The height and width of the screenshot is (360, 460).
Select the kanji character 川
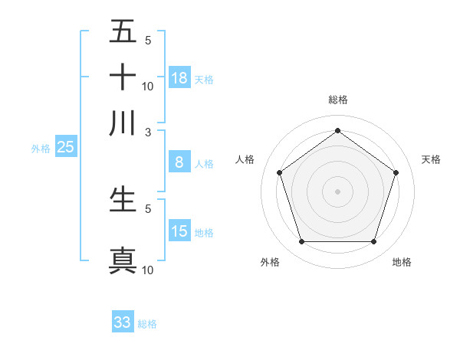pos(123,123)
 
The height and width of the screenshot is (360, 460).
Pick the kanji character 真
pos(123,260)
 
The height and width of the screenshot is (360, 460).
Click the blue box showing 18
pos(179,77)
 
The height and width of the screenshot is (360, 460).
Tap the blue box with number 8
pos(179,162)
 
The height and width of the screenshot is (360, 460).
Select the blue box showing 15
pos(179,231)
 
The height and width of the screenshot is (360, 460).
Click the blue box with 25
pos(65,147)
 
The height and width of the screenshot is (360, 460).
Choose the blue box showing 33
pos(123,322)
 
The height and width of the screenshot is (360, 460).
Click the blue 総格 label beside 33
pos(147,324)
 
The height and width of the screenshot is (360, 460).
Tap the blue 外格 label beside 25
pos(40,149)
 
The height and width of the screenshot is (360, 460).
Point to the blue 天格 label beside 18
pos(204,79)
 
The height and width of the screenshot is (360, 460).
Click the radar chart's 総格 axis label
pos(337,100)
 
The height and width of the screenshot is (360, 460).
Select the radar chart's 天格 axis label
pos(431,159)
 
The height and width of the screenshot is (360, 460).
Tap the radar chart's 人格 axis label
pos(245,159)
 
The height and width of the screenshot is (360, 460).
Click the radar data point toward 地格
pos(373,242)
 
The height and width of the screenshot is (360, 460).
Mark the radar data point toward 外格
pos(301,242)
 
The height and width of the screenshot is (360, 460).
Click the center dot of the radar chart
pos(337,191)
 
